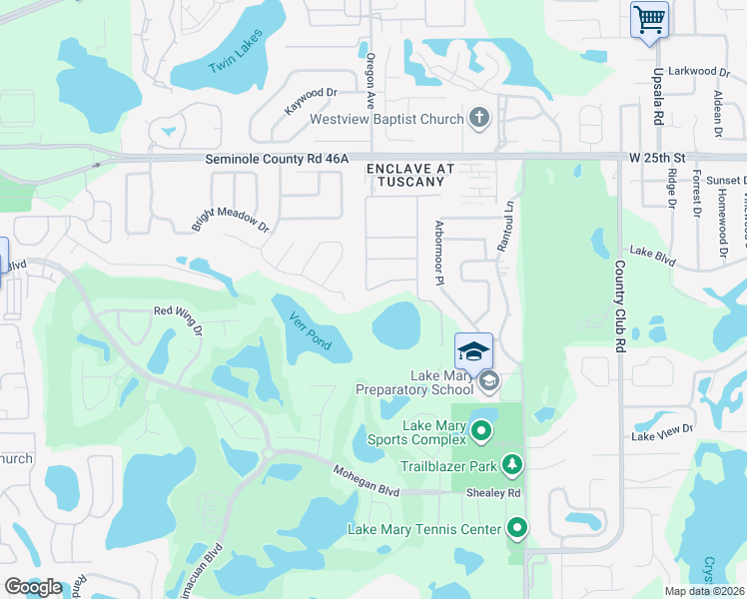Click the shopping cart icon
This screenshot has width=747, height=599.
649,19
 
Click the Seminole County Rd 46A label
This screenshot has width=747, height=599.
277,158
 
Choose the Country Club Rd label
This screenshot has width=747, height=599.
619,305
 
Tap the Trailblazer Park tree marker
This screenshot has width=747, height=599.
512,465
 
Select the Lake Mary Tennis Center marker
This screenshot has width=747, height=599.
517,527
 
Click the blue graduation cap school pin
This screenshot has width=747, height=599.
473,350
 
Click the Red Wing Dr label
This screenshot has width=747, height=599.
178,318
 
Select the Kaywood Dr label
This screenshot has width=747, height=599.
312,100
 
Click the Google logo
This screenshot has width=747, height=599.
33,587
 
